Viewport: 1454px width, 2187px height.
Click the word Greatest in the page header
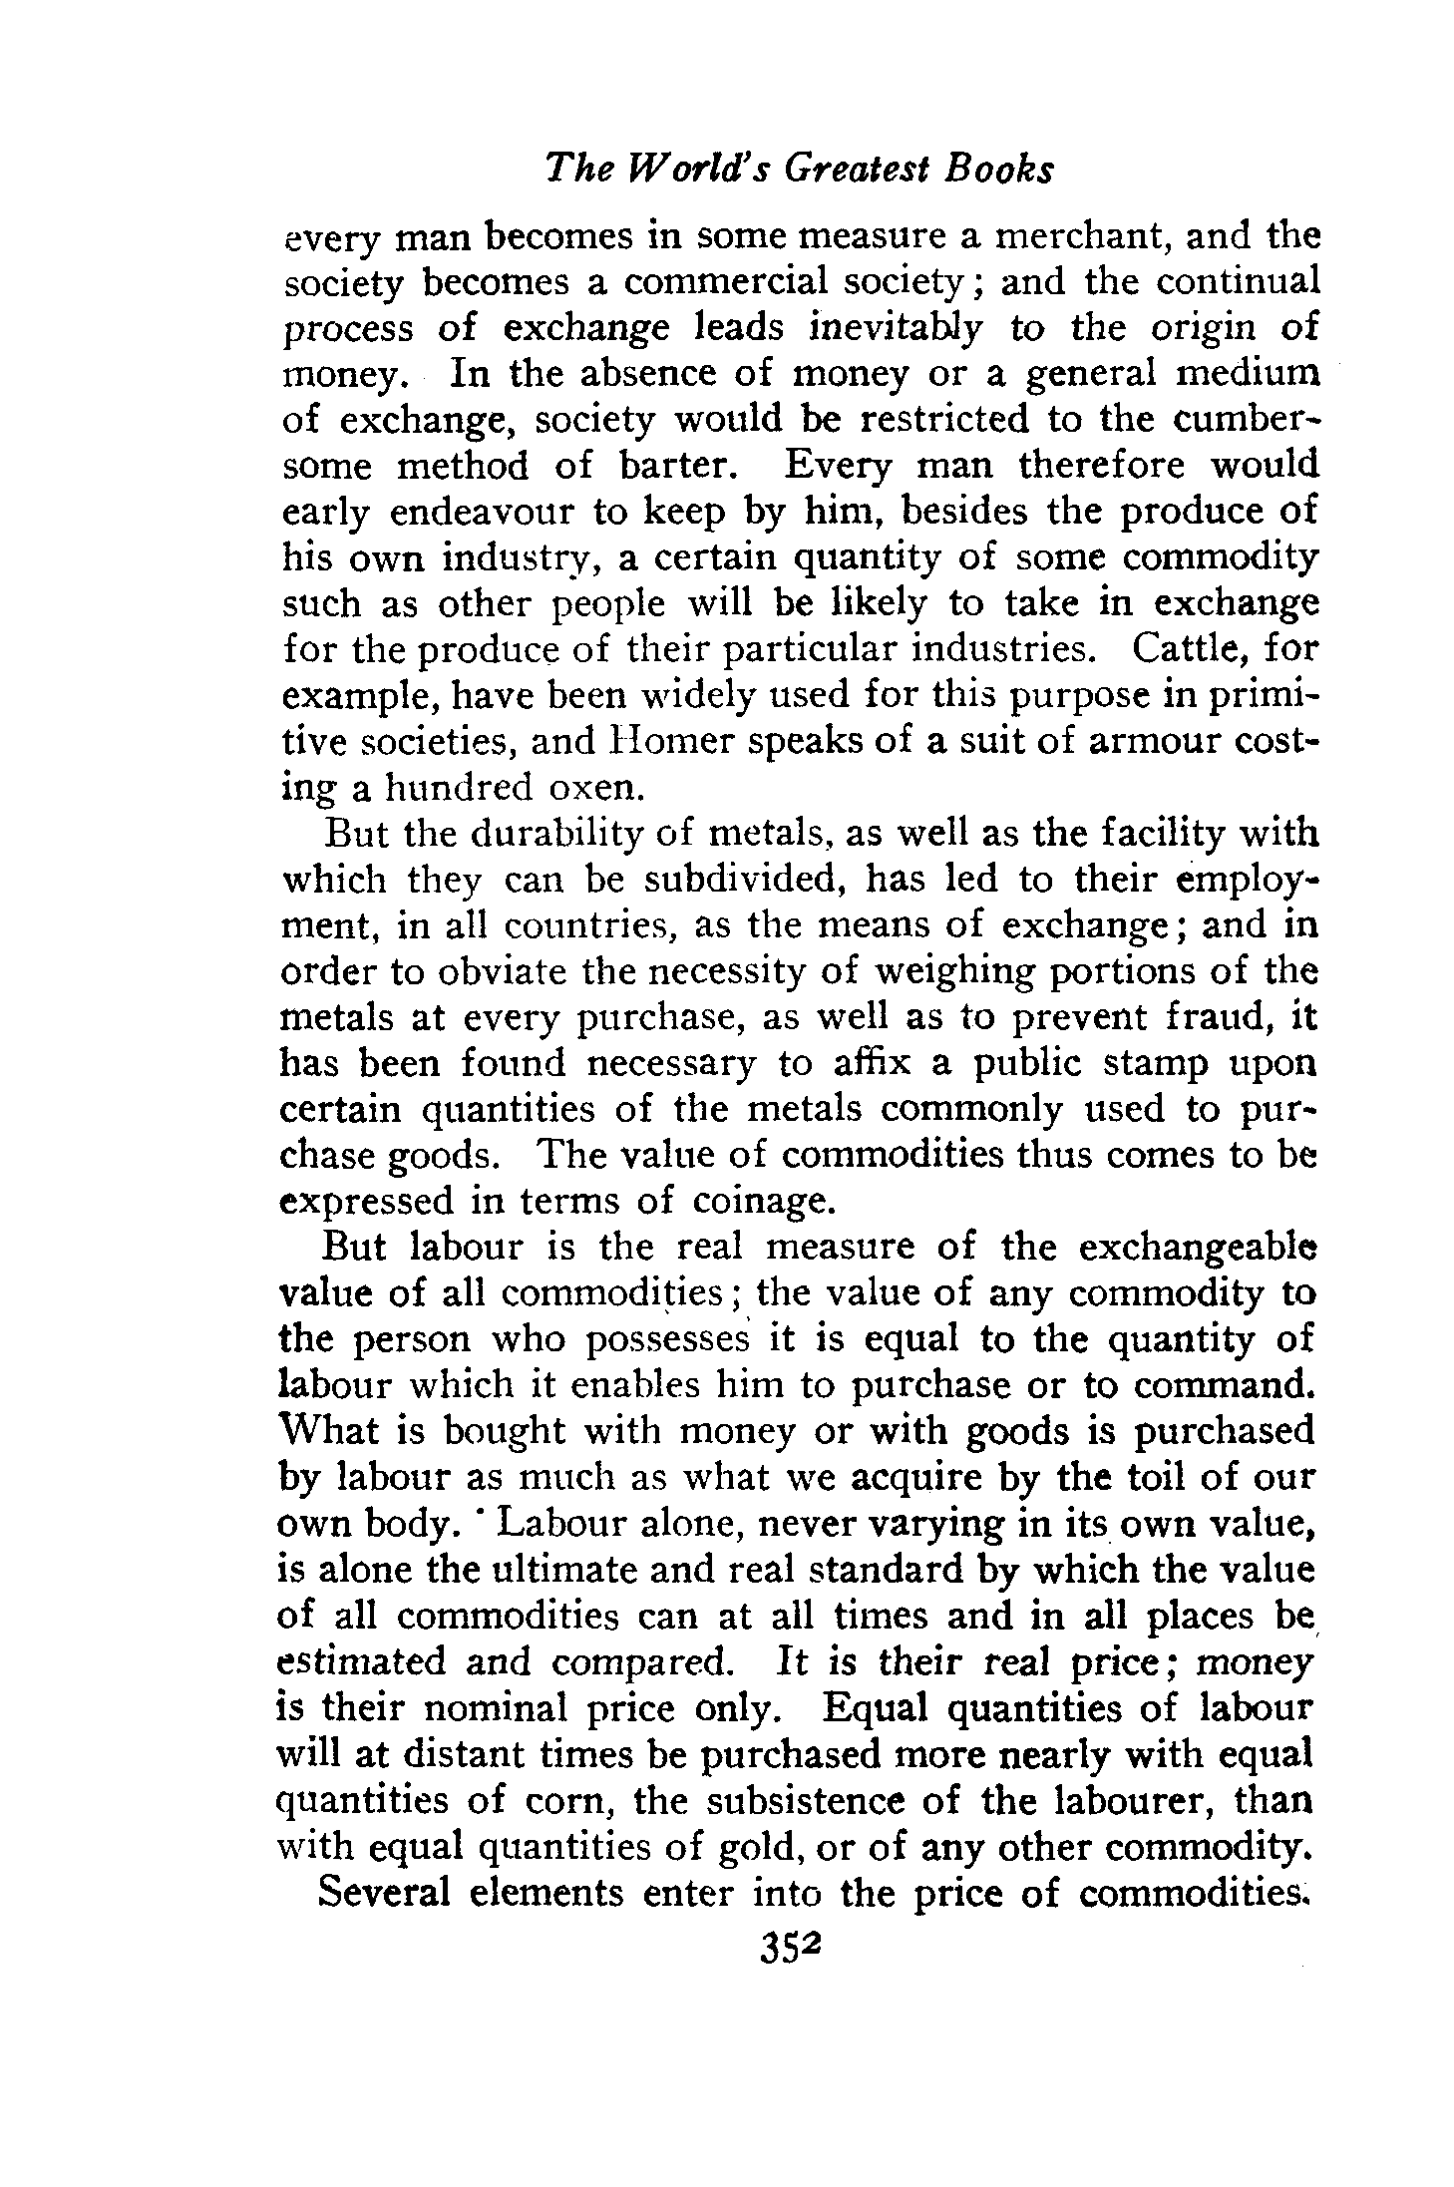[x=860, y=170]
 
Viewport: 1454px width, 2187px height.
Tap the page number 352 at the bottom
[x=788, y=1946]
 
